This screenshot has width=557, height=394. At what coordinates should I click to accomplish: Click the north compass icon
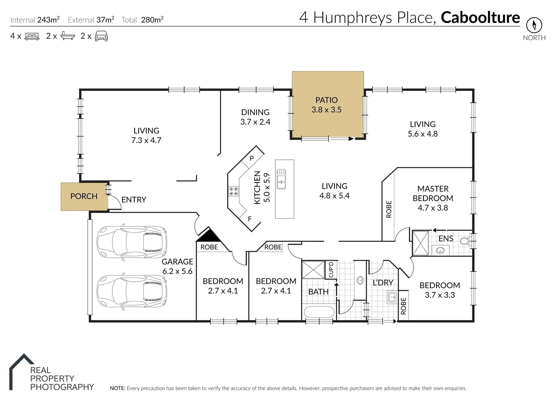coord(534,25)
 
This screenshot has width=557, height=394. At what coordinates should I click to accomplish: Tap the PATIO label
coord(326,100)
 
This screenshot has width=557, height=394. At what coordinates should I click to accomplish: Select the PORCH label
coord(84,196)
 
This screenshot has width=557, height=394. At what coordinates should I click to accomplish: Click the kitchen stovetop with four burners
coord(233,191)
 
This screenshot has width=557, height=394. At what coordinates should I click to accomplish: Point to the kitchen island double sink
coord(281,179)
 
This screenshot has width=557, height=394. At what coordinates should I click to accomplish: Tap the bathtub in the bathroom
coord(319,313)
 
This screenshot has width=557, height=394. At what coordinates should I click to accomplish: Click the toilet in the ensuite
coord(464,241)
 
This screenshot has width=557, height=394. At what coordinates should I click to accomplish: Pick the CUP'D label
coord(331,270)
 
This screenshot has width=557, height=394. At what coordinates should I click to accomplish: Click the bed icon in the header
coord(32,36)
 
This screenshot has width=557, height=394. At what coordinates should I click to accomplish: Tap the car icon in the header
coord(101,36)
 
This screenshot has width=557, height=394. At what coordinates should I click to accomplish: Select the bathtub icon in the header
coord(67,36)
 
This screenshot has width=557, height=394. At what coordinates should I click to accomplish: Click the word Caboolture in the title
coord(480,18)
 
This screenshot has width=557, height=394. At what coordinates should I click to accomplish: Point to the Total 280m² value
coord(152,20)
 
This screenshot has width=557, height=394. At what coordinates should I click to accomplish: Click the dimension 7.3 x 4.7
coord(146,140)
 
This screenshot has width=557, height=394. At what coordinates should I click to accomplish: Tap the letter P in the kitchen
coord(251,159)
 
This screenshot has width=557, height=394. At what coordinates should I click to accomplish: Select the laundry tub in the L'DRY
coord(392,297)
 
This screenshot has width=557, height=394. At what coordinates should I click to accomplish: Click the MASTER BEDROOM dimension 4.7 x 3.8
coord(433,208)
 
